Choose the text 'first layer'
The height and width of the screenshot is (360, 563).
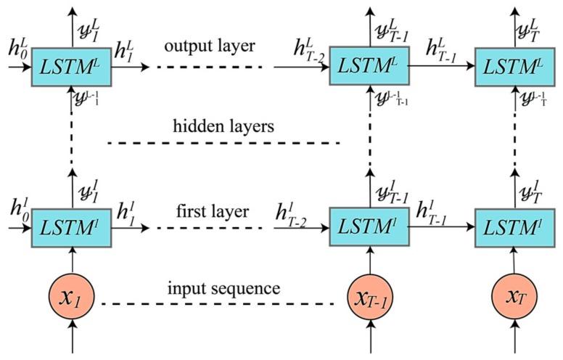[212, 211]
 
